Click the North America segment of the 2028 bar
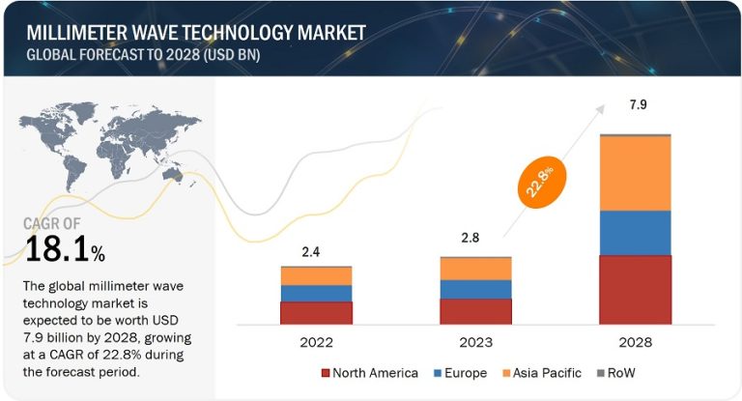pos(635,290)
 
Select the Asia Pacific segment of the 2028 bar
pos(635,173)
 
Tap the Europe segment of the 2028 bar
pos(635,233)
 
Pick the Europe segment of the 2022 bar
pos(316,293)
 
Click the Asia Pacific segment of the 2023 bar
pos(475,268)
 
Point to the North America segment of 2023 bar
pos(475,311)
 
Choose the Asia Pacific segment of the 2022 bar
pos(316,276)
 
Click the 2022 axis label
pos(316,342)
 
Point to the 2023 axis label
pos(475,342)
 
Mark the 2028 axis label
pos(634,342)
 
